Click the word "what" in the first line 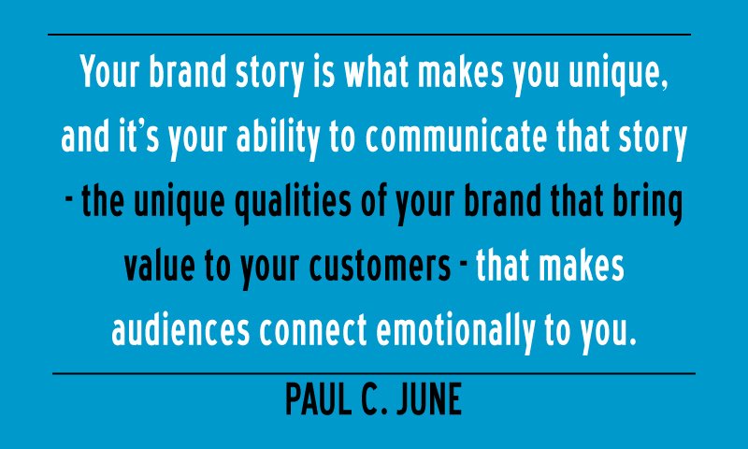[377, 72]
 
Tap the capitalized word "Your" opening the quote [109, 72]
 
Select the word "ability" [278, 139]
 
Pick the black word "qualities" [293, 204]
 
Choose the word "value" [159, 266]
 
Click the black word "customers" [380, 266]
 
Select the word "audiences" [180, 329]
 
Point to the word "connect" [313, 329]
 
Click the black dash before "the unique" [68, 199]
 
